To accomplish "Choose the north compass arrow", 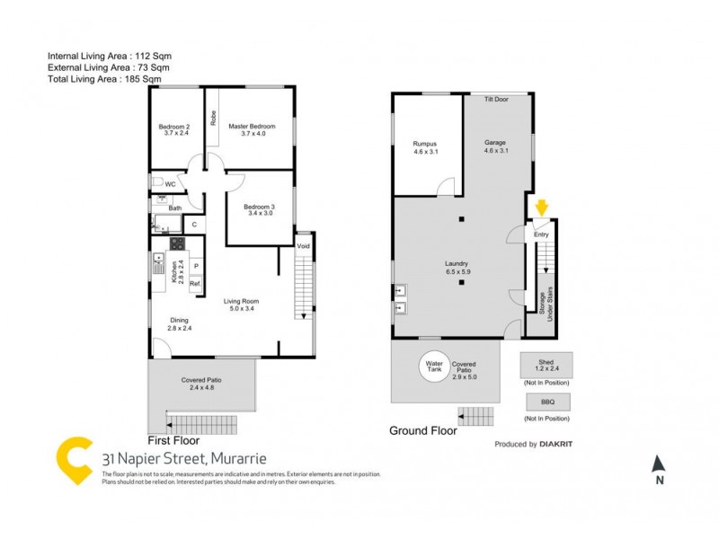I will click(x=659, y=464).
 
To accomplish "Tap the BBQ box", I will click(x=546, y=402).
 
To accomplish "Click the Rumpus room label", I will click(x=424, y=147).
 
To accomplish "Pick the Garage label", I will click(x=496, y=147).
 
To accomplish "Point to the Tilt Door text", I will click(x=496, y=99).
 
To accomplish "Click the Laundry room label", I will click(x=458, y=267).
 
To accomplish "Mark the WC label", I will click(x=170, y=184).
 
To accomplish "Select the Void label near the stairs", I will click(x=304, y=246).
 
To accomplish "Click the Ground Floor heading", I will click(x=422, y=430).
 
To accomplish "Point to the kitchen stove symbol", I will click(x=177, y=243).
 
